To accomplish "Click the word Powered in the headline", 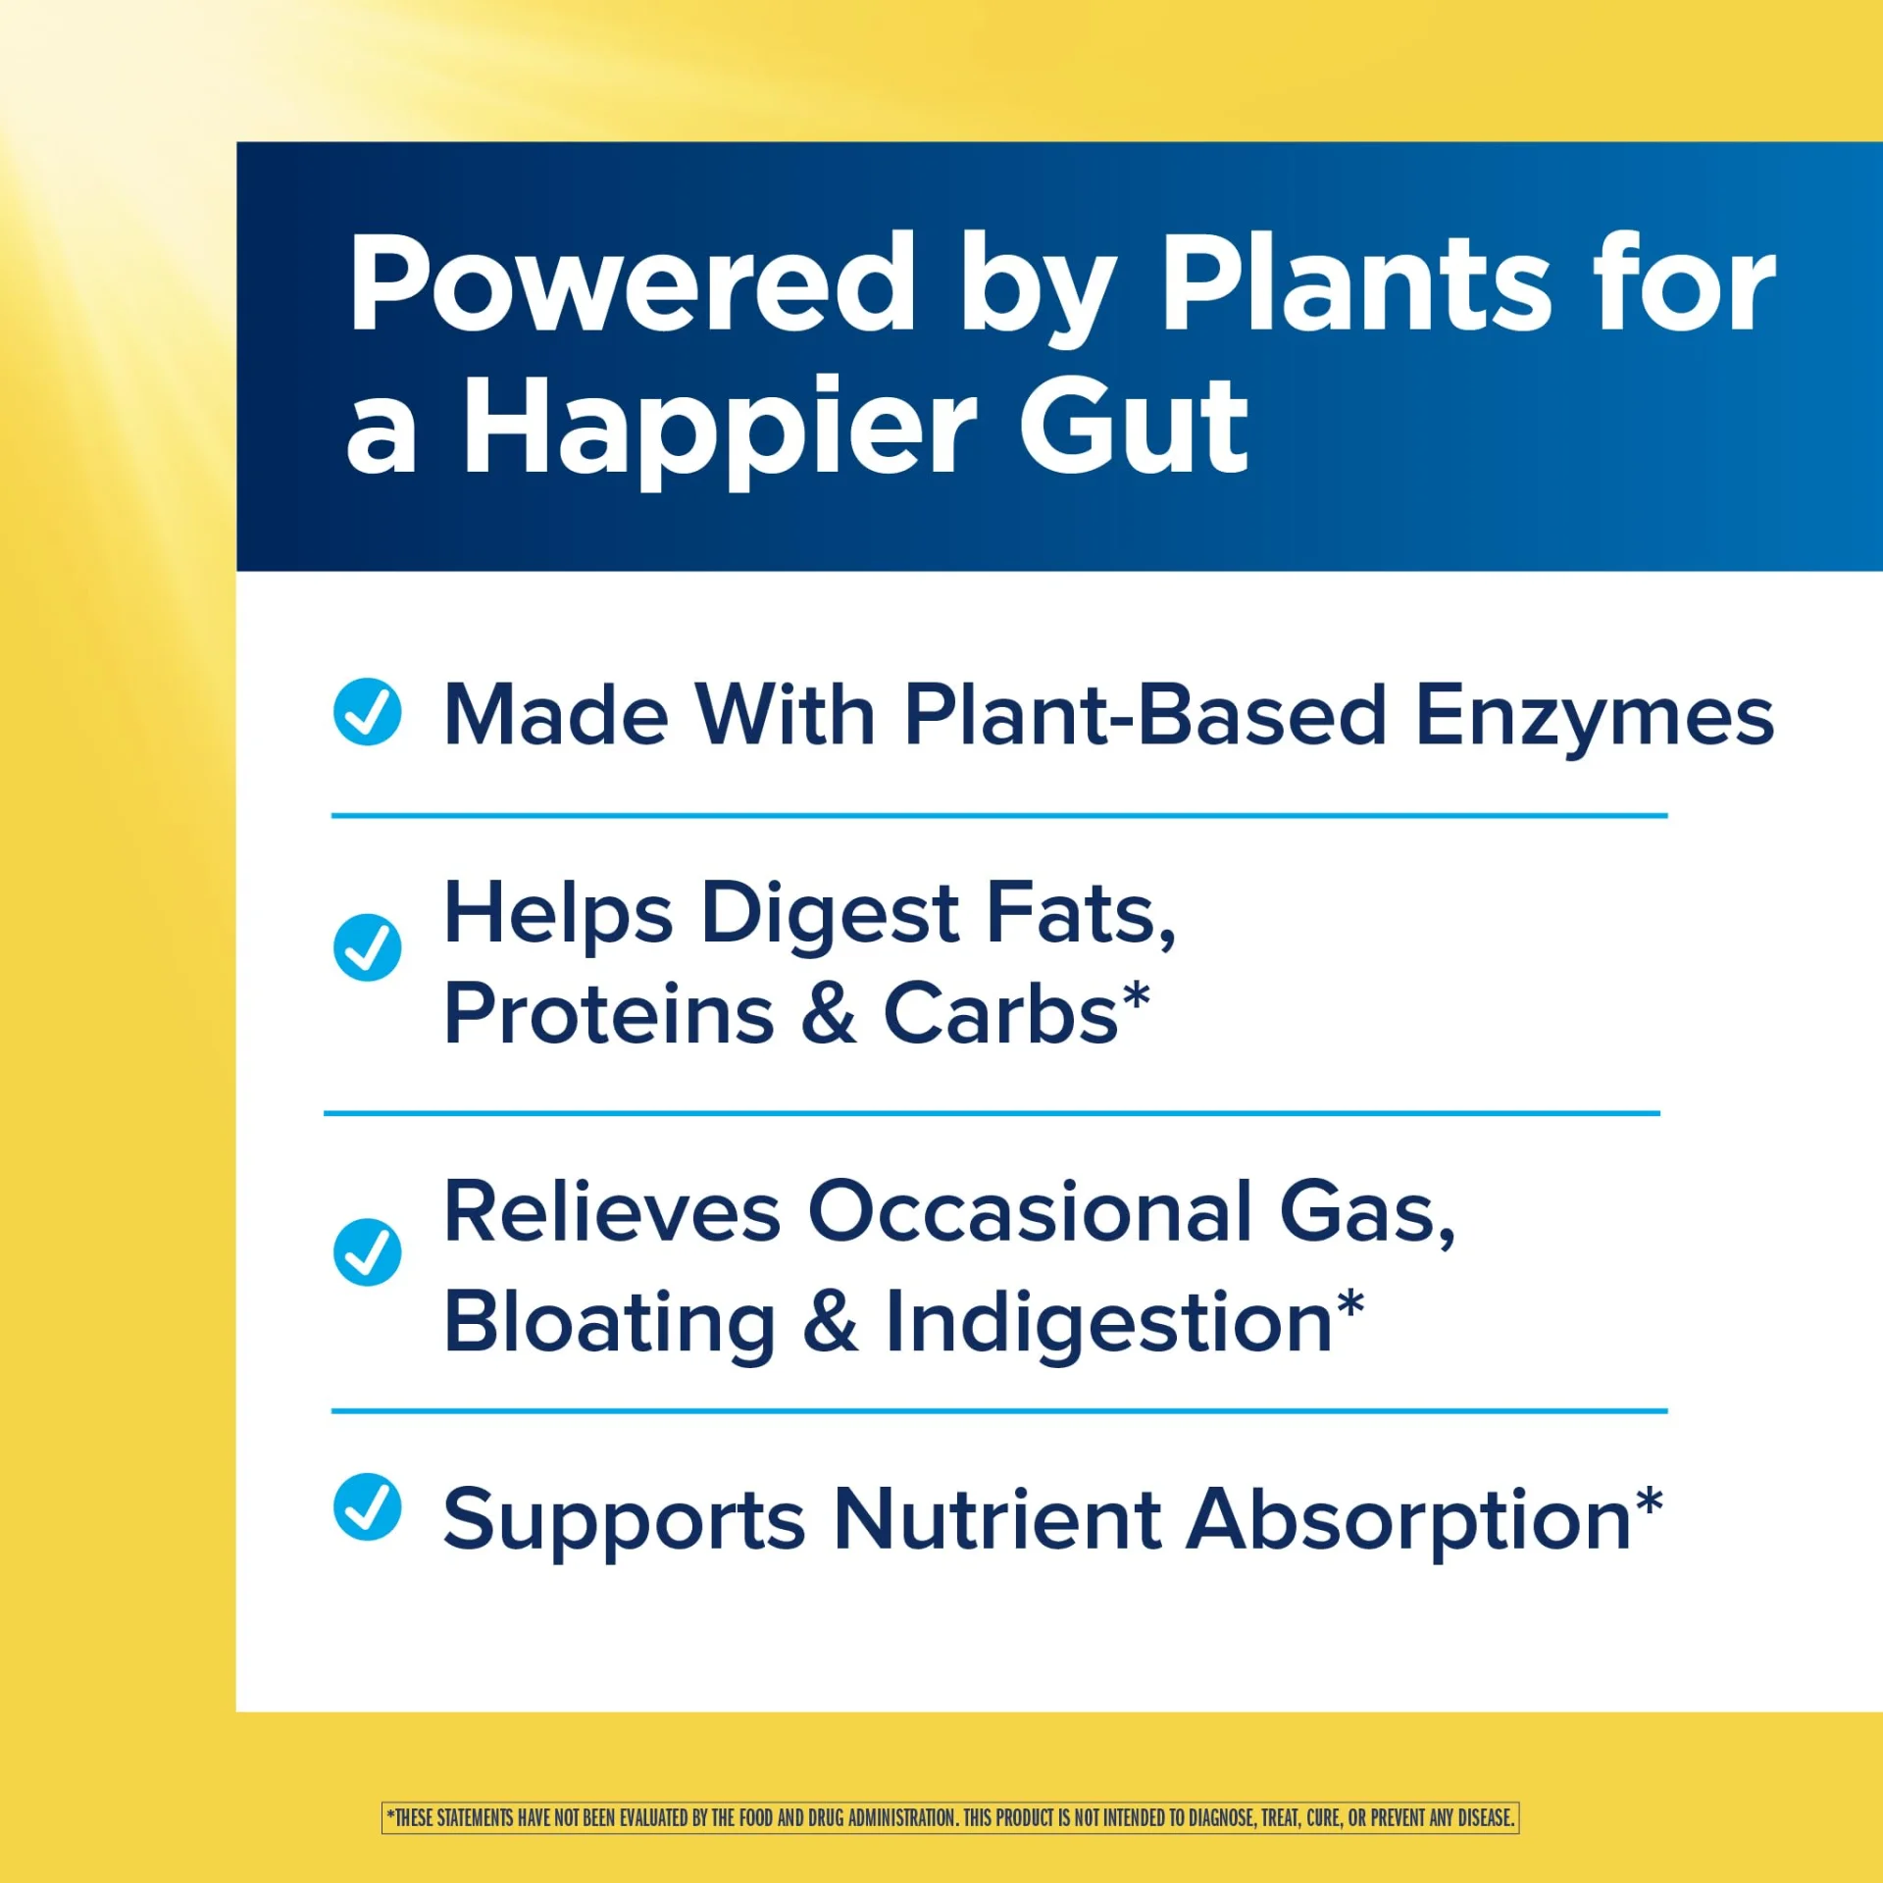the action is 633,283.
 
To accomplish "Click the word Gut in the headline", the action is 1134,426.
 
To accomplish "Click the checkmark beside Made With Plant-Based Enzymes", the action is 367,712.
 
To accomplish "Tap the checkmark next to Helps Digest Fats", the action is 367,947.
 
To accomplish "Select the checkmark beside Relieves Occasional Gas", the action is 367,1252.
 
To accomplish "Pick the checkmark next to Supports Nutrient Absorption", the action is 367,1507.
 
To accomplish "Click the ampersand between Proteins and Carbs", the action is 830,1013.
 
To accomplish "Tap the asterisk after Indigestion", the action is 1350,1305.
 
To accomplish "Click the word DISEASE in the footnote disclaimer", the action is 1485,1817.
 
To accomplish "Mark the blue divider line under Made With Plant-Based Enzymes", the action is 999,815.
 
